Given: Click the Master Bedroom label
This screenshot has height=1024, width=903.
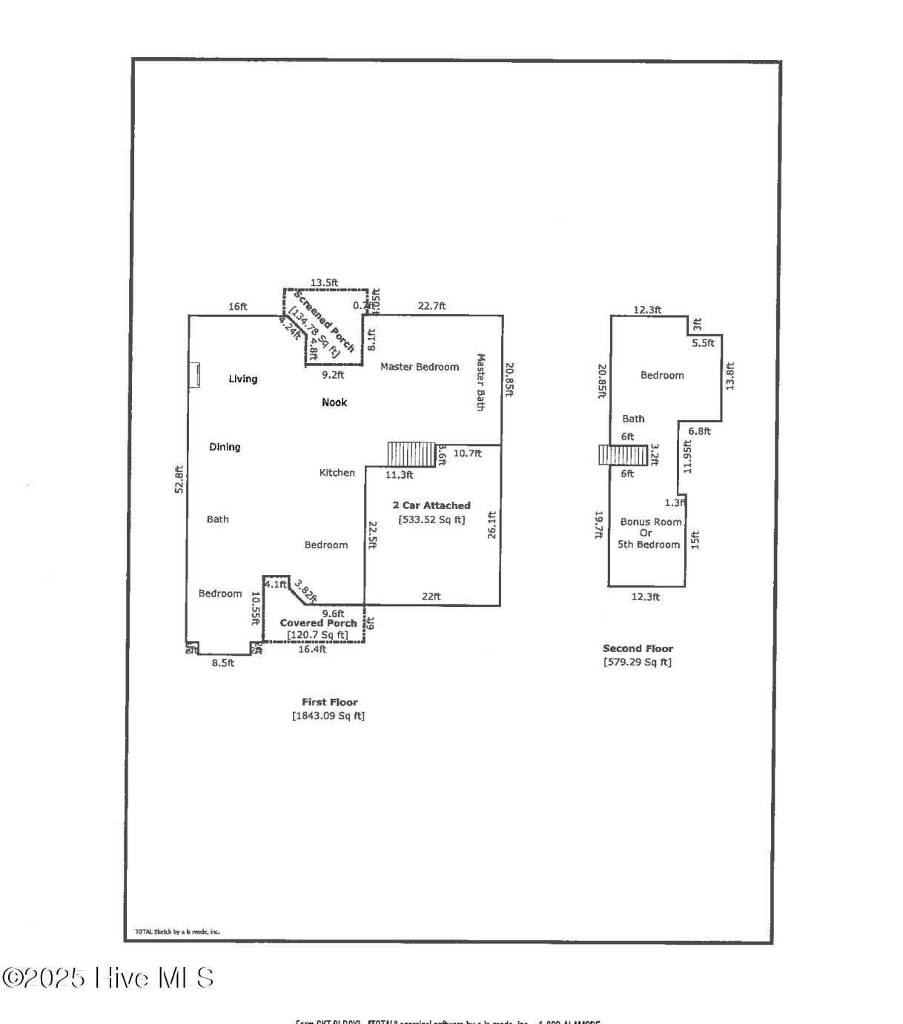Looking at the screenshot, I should coord(419,367).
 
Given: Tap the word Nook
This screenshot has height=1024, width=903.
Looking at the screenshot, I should coord(334,402).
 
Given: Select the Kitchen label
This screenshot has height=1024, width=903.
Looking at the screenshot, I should coord(337,473).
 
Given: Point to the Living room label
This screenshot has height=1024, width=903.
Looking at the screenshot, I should coord(242,379).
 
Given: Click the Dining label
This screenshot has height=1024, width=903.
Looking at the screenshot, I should coord(225,447).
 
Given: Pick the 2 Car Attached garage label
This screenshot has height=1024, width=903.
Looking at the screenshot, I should coord(431,505).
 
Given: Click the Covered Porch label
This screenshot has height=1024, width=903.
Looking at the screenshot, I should coord(318,623).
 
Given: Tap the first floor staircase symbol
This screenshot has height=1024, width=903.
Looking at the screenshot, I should coord(411,454).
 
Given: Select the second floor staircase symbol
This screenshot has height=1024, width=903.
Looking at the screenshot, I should coord(623,455).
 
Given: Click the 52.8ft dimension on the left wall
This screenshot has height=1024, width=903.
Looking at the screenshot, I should coord(179,479).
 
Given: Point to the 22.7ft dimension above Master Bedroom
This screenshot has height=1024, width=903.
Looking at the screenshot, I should coord(431,306).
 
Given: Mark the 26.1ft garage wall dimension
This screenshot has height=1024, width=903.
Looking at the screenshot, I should coord(492,525).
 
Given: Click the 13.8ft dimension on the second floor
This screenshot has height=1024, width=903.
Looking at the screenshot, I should coord(730,376).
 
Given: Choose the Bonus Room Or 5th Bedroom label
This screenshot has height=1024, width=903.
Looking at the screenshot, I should coord(649,533).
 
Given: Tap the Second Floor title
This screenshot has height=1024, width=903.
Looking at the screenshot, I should coord(638,648).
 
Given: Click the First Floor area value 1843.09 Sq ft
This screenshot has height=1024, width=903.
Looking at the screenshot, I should coord(328,716).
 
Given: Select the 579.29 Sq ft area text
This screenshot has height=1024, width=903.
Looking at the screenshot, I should coord(638,662).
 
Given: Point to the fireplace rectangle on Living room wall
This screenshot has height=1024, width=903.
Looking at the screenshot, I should coord(195,375).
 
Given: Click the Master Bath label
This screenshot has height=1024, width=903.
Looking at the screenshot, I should coord(480,382).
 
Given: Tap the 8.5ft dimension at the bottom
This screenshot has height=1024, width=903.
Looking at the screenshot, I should coord(222,663).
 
